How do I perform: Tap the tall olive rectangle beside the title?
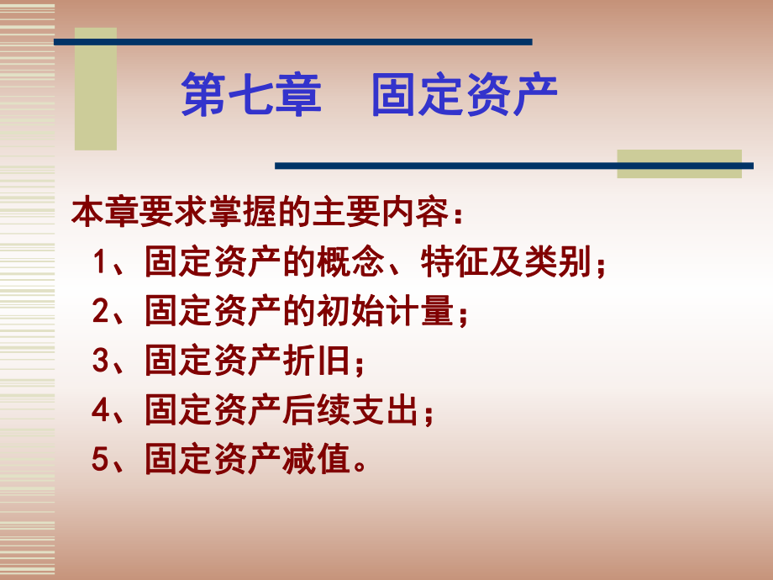coord(96,88)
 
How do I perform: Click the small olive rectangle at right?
coord(679,163)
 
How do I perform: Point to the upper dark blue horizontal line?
coord(294,41)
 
